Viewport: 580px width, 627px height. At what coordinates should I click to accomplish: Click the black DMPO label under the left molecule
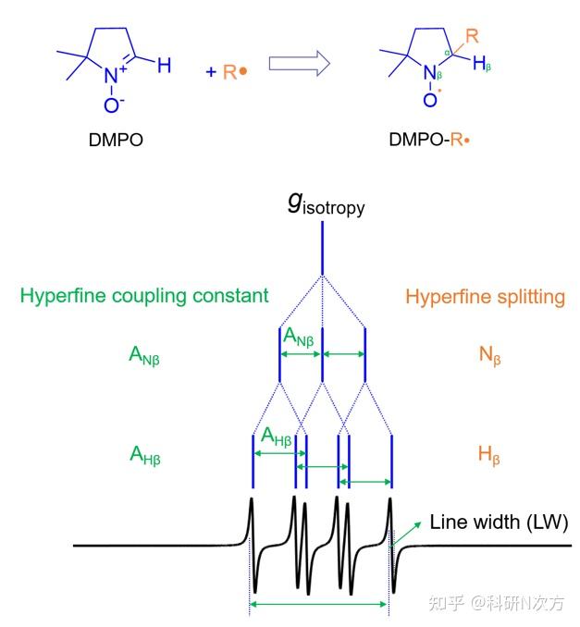(x=116, y=140)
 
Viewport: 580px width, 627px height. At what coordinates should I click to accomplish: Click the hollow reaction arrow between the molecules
(x=299, y=63)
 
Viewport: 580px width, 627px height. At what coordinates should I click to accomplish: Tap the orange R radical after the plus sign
(x=235, y=72)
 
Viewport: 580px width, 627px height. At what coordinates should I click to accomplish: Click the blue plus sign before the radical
(x=211, y=72)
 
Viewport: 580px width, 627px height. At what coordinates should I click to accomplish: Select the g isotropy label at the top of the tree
(x=326, y=204)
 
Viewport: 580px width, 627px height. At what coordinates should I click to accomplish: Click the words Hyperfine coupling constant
(x=144, y=296)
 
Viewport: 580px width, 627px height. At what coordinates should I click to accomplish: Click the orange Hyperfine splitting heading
(x=486, y=297)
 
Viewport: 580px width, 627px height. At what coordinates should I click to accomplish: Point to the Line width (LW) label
(x=499, y=522)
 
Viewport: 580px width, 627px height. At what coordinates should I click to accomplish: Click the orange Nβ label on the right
(x=490, y=355)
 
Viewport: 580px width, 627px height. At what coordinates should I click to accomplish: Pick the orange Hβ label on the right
(x=489, y=456)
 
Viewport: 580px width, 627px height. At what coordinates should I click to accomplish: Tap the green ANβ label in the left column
(x=144, y=355)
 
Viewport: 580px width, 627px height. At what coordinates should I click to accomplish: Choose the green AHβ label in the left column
(x=145, y=456)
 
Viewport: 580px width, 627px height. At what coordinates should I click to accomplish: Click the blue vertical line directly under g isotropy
(x=323, y=249)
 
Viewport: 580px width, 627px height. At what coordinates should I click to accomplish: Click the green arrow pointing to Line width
(x=406, y=534)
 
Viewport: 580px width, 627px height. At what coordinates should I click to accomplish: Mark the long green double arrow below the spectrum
(x=319, y=604)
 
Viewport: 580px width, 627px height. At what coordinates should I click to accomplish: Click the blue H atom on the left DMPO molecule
(x=164, y=65)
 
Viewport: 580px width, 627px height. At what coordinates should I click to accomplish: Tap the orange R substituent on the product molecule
(x=472, y=36)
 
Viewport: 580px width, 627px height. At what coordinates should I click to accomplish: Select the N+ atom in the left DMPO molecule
(x=115, y=74)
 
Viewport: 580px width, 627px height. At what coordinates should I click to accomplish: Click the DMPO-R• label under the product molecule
(x=429, y=140)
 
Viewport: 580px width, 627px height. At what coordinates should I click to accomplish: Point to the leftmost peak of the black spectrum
(x=252, y=499)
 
